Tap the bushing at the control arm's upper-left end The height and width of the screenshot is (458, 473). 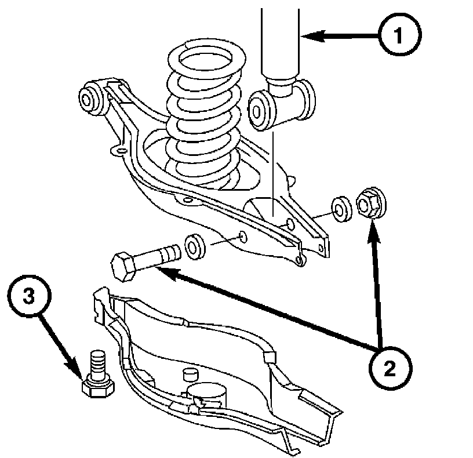click(x=90, y=96)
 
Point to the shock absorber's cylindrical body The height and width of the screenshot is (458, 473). click(x=282, y=41)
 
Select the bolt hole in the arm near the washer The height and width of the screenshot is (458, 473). click(x=242, y=237)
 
